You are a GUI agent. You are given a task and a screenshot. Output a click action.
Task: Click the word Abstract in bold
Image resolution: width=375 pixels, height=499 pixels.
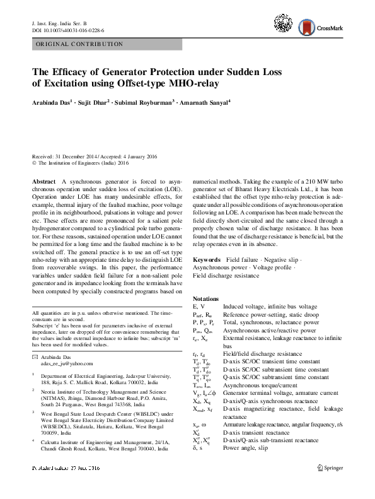click(x=43, y=181)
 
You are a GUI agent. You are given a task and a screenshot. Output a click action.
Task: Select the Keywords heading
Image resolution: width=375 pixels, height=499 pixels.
click(x=206, y=260)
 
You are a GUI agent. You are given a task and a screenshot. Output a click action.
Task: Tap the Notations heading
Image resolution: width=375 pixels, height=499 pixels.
click(x=205, y=297)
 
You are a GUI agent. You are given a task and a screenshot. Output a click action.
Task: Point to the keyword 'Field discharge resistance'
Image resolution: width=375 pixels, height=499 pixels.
click(x=226, y=276)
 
